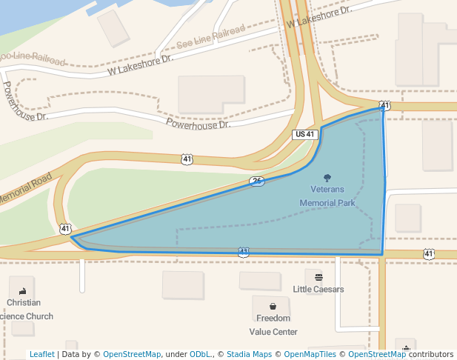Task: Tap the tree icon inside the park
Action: [x=328, y=177]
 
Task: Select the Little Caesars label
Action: [x=318, y=289]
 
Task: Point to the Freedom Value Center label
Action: [x=273, y=324]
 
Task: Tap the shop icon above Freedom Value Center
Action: [x=273, y=306]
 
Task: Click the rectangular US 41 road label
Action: [x=305, y=134]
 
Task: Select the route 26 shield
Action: [x=257, y=181]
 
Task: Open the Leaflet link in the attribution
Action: [x=42, y=354]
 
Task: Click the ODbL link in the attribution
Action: [x=200, y=354]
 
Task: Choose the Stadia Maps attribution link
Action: [x=249, y=354]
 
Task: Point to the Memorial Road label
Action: [x=24, y=191]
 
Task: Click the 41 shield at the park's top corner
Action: [x=384, y=106]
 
